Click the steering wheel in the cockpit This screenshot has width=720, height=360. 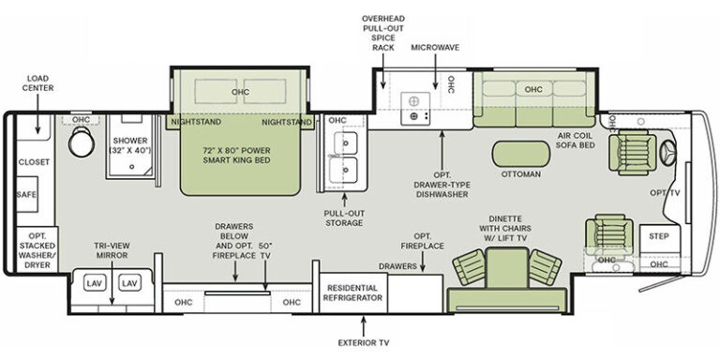pyautogui.click(x=667, y=150)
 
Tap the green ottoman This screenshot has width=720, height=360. pyautogui.click(x=520, y=154)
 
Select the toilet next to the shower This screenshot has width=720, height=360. pyautogui.click(x=82, y=141)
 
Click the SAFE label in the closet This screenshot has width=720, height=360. pyautogui.click(x=26, y=195)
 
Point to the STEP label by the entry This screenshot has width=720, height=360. pyautogui.click(x=659, y=236)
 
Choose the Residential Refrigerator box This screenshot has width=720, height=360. pyautogui.click(x=352, y=292)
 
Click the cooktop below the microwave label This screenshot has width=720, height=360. pyautogui.click(x=415, y=109)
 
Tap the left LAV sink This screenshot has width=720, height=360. pyautogui.click(x=93, y=283)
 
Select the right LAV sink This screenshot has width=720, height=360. pyautogui.click(x=128, y=283)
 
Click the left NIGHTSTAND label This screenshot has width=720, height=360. pyautogui.click(x=196, y=122)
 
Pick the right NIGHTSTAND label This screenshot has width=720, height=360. pyautogui.click(x=287, y=122)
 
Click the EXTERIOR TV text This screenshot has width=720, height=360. pyautogui.click(x=364, y=342)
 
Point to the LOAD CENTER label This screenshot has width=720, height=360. pyautogui.click(x=37, y=83)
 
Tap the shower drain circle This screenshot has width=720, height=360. pyautogui.click(x=131, y=167)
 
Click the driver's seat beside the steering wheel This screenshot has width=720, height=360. pyautogui.click(x=633, y=152)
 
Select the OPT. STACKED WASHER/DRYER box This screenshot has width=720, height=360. pyautogui.click(x=37, y=249)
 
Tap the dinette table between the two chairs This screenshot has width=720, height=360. pyautogui.click(x=506, y=268)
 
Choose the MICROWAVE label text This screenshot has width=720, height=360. pyautogui.click(x=435, y=48)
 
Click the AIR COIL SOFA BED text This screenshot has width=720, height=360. pyautogui.click(x=575, y=141)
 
